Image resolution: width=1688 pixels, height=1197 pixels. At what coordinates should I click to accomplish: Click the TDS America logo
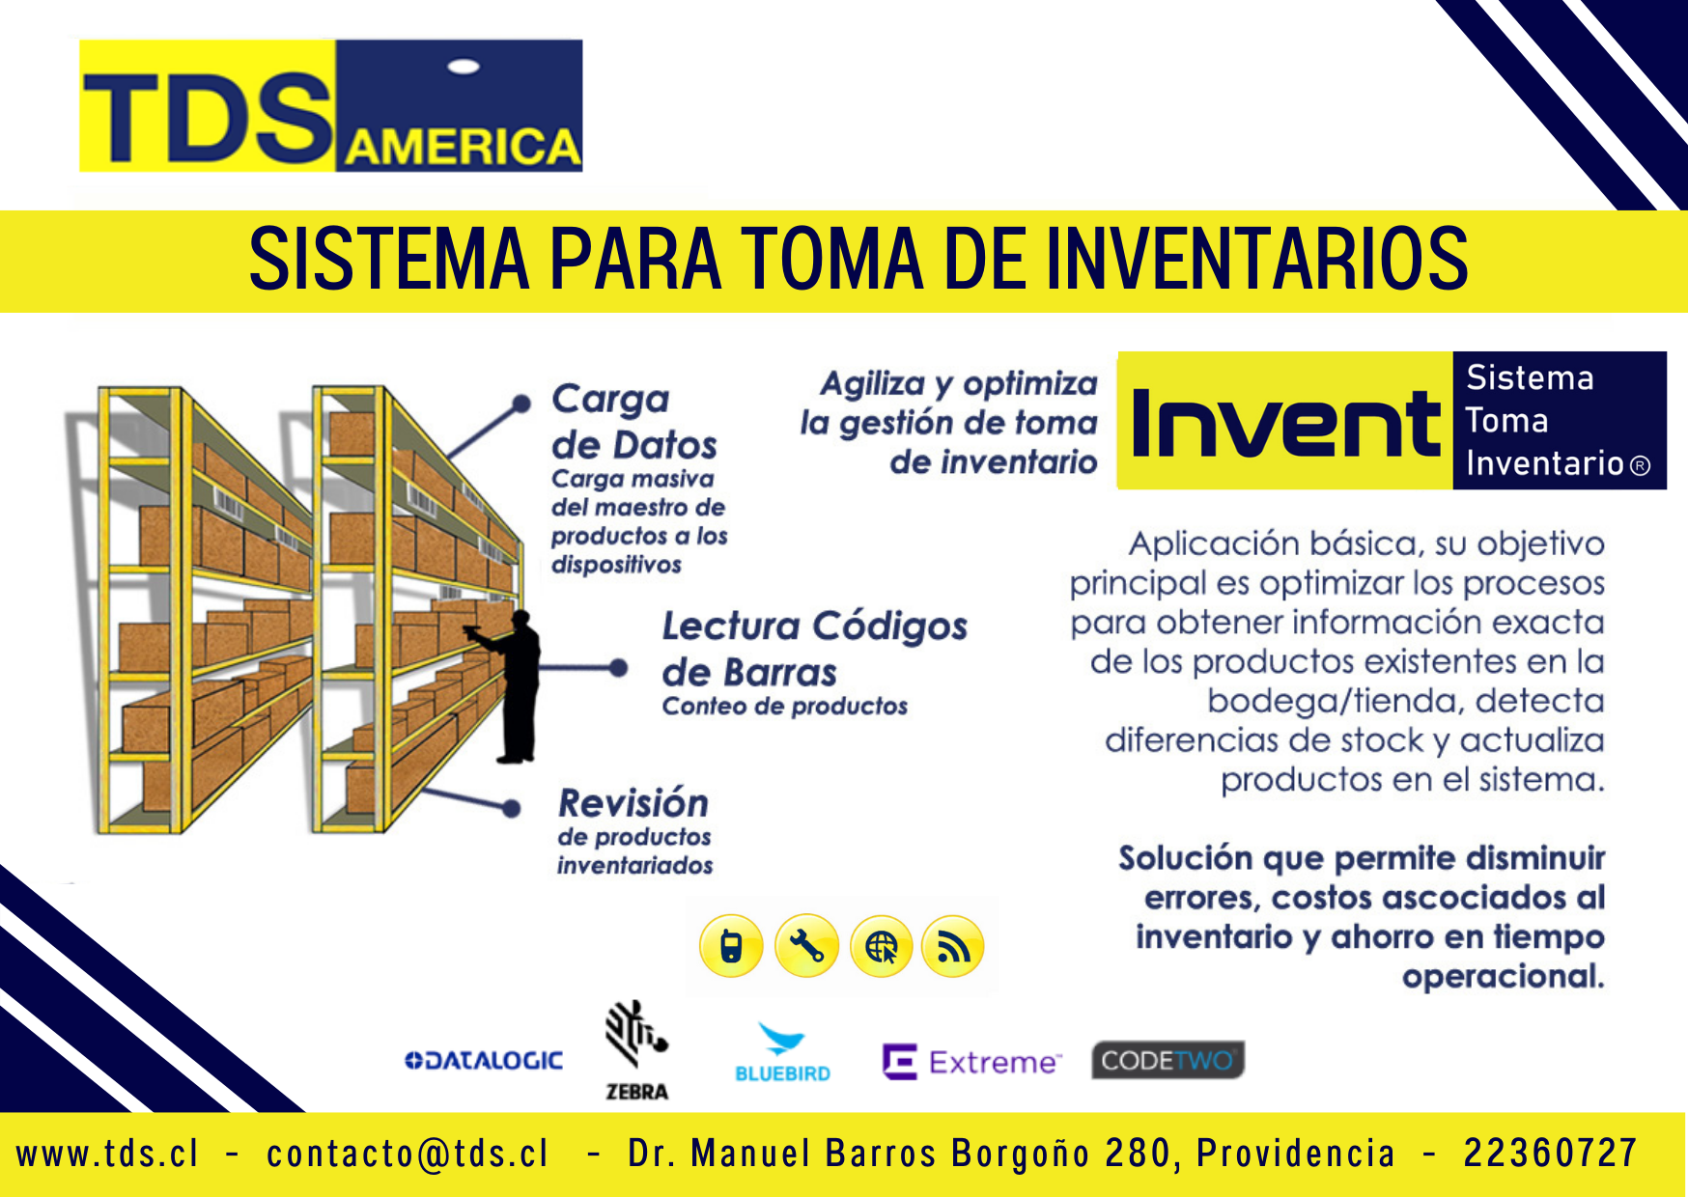pyautogui.click(x=331, y=106)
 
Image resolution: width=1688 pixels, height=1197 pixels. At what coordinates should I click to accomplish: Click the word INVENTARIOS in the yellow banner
pyautogui.click(x=1257, y=259)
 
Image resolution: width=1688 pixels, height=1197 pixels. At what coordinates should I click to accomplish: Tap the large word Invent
pyautogui.click(x=1285, y=423)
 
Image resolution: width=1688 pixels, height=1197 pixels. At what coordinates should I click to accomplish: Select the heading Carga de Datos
pyautogui.click(x=633, y=421)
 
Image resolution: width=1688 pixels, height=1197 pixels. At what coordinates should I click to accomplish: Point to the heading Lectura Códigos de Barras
pyautogui.click(x=814, y=649)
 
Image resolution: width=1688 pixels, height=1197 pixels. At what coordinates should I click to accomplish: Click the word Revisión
pyautogui.click(x=633, y=803)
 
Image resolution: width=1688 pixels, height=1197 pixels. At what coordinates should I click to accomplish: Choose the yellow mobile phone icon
pyautogui.click(x=731, y=946)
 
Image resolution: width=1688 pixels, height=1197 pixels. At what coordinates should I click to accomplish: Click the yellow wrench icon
pyautogui.click(x=806, y=946)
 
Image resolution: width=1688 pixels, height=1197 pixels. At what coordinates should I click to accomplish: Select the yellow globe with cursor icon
pyautogui.click(x=882, y=946)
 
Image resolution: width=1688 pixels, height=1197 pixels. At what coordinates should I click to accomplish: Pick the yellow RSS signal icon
pyautogui.click(x=953, y=946)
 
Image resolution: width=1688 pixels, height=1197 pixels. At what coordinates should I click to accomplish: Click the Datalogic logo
pyautogui.click(x=483, y=1060)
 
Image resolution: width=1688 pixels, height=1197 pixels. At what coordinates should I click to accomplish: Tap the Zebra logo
pyautogui.click(x=636, y=1050)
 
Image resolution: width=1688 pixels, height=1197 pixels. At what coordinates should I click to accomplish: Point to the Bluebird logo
pyautogui.click(x=782, y=1052)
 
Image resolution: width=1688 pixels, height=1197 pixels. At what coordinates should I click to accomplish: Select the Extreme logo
pyautogui.click(x=971, y=1062)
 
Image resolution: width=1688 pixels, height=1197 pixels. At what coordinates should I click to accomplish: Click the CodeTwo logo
pyautogui.click(x=1168, y=1060)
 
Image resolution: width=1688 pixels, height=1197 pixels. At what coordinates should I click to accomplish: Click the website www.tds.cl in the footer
pyautogui.click(x=107, y=1154)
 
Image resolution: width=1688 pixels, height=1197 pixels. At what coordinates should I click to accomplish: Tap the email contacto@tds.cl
pyautogui.click(x=408, y=1154)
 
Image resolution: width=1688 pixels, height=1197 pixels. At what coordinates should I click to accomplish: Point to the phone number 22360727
pyautogui.click(x=1550, y=1154)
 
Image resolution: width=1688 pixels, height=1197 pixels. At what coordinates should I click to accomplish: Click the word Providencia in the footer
pyautogui.click(x=1296, y=1154)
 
